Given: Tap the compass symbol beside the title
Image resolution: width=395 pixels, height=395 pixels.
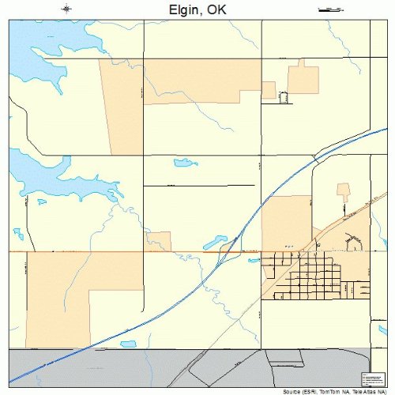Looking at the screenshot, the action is pyautogui.click(x=66, y=9).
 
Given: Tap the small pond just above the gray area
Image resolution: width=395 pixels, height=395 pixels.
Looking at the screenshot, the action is pyautogui.click(x=128, y=344).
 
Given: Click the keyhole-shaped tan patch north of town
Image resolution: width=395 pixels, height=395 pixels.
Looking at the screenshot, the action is pyautogui.click(x=343, y=190).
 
